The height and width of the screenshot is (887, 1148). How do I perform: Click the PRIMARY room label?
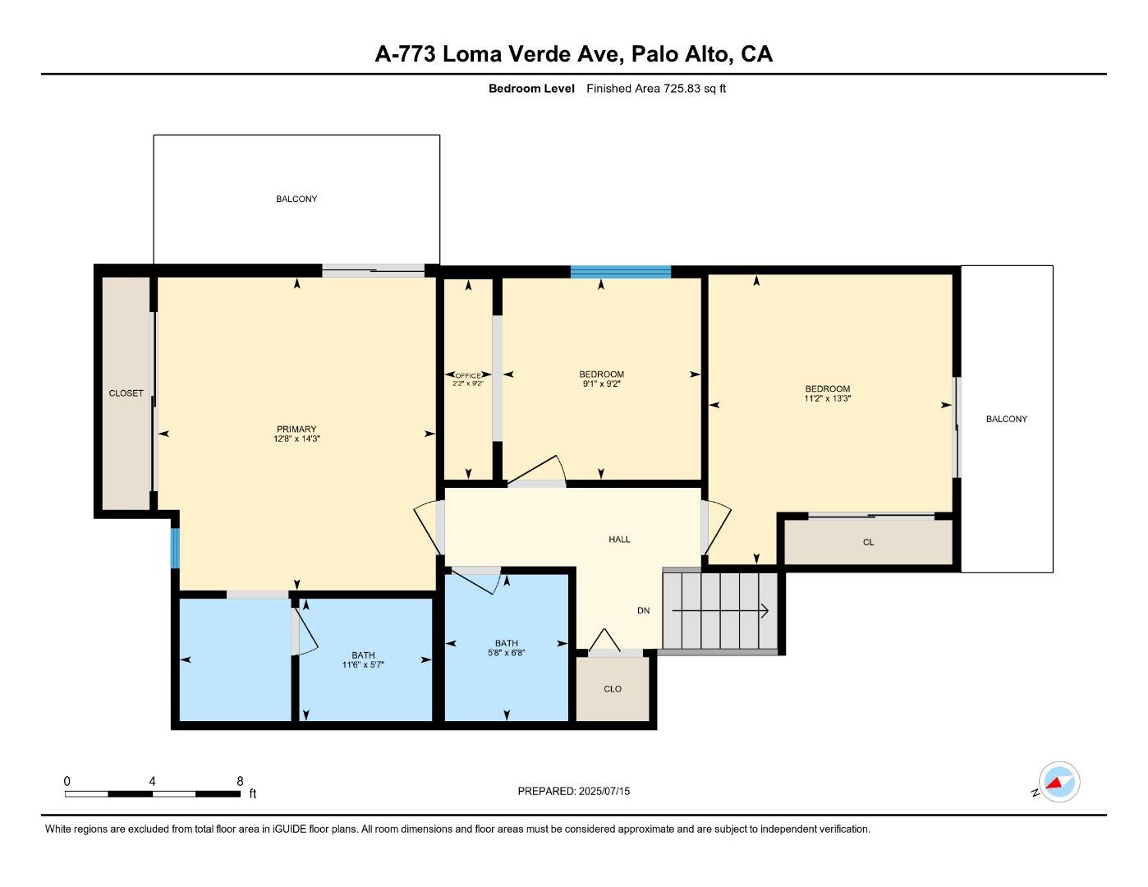(296, 429)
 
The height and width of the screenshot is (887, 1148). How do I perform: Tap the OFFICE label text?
(468, 375)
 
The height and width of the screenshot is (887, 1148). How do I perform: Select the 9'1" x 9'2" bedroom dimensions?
(601, 384)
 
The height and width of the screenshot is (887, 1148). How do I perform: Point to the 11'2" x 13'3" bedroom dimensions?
(827, 399)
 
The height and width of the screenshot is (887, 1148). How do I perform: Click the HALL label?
(619, 540)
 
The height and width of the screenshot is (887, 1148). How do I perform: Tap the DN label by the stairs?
(644, 610)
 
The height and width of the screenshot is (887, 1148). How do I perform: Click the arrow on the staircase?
(720, 611)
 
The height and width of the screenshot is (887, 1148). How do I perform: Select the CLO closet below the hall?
(613, 688)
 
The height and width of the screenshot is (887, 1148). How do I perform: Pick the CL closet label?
(868, 542)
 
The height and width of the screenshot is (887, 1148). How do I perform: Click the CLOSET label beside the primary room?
(126, 393)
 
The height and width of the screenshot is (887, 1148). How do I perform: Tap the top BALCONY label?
(296, 199)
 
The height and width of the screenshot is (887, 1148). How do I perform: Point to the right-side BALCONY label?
(1006, 419)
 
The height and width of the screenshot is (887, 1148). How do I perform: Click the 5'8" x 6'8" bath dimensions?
(506, 653)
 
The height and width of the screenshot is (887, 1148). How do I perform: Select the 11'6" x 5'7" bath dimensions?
(363, 664)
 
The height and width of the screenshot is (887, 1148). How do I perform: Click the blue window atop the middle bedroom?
(621, 272)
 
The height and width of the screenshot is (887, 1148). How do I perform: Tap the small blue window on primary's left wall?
(175, 548)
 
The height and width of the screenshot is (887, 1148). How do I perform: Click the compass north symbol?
(1058, 782)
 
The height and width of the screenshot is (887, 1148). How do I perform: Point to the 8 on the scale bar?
(240, 782)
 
